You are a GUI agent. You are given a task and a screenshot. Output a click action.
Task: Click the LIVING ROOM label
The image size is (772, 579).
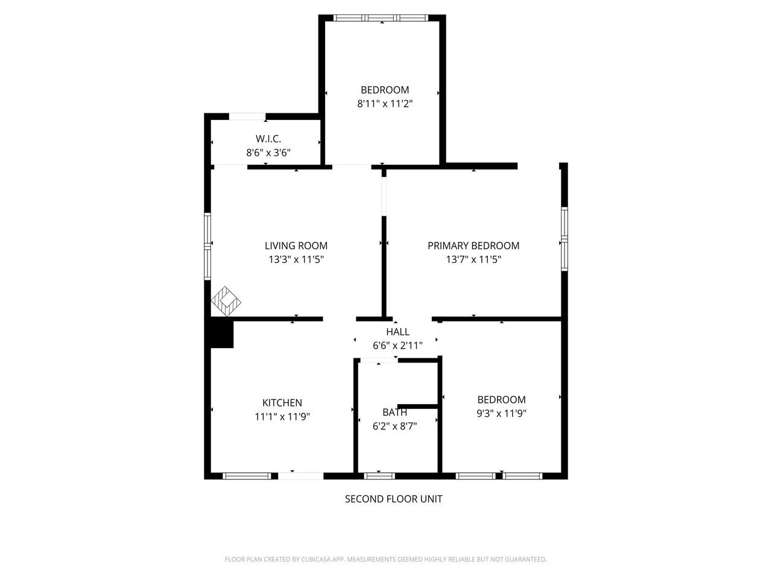pos(296,245)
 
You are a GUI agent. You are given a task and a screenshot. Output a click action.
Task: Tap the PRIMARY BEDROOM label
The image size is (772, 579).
pos(473,245)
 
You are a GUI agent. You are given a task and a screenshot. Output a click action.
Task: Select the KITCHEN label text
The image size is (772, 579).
pos(282,403)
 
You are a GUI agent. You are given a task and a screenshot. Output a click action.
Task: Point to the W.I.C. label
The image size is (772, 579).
pos(268,139)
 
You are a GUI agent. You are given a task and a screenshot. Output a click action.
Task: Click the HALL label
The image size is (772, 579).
pos(397,332)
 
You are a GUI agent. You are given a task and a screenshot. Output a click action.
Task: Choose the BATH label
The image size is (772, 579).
pos(394,413)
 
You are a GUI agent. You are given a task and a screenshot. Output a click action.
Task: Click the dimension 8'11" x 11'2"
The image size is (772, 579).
pos(385,104)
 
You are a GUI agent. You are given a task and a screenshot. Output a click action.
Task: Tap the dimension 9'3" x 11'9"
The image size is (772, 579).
pos(501,414)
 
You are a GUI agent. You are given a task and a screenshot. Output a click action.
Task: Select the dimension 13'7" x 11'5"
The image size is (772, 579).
pos(473,260)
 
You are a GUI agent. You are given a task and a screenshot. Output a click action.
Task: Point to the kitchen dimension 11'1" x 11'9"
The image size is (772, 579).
pos(282,417)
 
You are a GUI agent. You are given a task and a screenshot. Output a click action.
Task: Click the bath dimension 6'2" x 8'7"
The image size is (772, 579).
pos(394,426)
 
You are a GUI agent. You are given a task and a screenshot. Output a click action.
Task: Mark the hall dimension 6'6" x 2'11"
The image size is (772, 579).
pos(397,346)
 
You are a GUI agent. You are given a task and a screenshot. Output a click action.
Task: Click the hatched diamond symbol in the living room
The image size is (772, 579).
pos(226,301)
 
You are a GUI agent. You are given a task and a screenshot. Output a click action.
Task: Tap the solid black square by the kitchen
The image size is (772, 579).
pos(221,334)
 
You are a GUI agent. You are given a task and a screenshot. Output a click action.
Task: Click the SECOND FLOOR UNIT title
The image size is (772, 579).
pos(393,499)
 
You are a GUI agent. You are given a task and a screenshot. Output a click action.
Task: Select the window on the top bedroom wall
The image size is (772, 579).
pos(381,18)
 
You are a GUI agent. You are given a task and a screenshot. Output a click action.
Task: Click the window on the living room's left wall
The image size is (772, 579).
pos(207,245)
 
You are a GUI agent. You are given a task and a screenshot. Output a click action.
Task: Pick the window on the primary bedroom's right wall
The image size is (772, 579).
pos(564,238)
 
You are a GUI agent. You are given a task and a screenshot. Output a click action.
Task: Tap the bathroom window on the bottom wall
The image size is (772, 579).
pos(380,476)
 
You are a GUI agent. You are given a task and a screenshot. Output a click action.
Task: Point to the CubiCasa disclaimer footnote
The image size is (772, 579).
pos(385,560)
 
